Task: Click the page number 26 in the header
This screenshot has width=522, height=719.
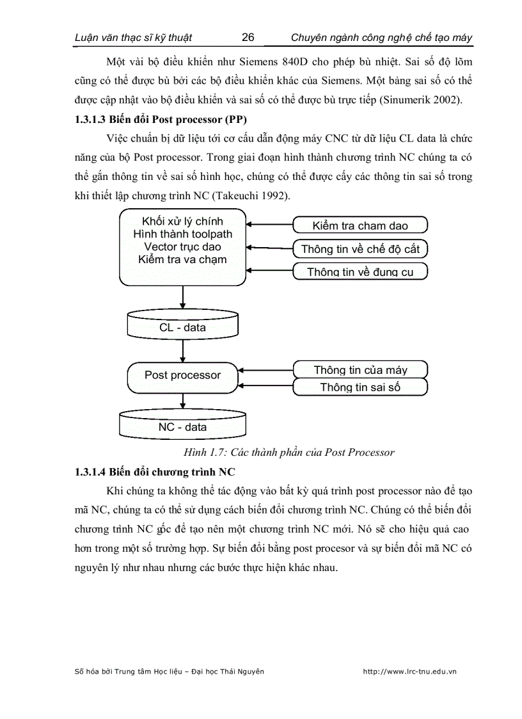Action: (248, 37)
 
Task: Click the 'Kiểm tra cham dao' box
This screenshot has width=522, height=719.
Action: (360, 225)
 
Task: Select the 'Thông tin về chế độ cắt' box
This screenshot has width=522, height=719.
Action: (360, 248)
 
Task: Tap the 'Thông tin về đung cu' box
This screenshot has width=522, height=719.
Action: (360, 271)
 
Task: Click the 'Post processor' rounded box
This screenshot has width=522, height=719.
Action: (182, 376)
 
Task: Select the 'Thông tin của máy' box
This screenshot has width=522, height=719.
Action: (360, 369)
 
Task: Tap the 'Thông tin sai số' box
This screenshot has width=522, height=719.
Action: (360, 387)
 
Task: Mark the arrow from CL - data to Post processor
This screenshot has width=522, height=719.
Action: (184, 351)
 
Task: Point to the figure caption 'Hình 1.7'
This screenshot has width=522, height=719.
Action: (289, 452)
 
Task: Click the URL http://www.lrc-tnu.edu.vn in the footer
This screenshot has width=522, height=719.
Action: (409, 672)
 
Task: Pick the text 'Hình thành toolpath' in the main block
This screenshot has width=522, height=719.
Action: (182, 234)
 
